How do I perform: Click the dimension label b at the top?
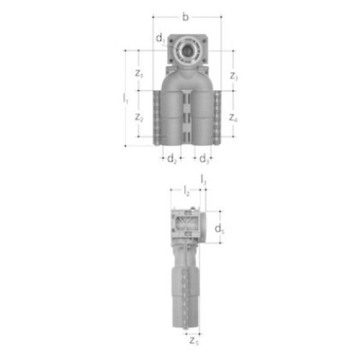(185, 17)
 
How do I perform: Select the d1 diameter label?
(161, 38)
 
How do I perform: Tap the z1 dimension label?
(139, 73)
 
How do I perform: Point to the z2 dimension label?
(139, 118)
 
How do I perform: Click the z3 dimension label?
(234, 76)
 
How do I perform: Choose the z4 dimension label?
(234, 118)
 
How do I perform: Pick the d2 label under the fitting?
(172, 159)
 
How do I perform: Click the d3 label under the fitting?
(204, 159)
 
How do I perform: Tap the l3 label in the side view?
(204, 180)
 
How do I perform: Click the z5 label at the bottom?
(193, 340)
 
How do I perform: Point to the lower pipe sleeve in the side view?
(185, 298)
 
